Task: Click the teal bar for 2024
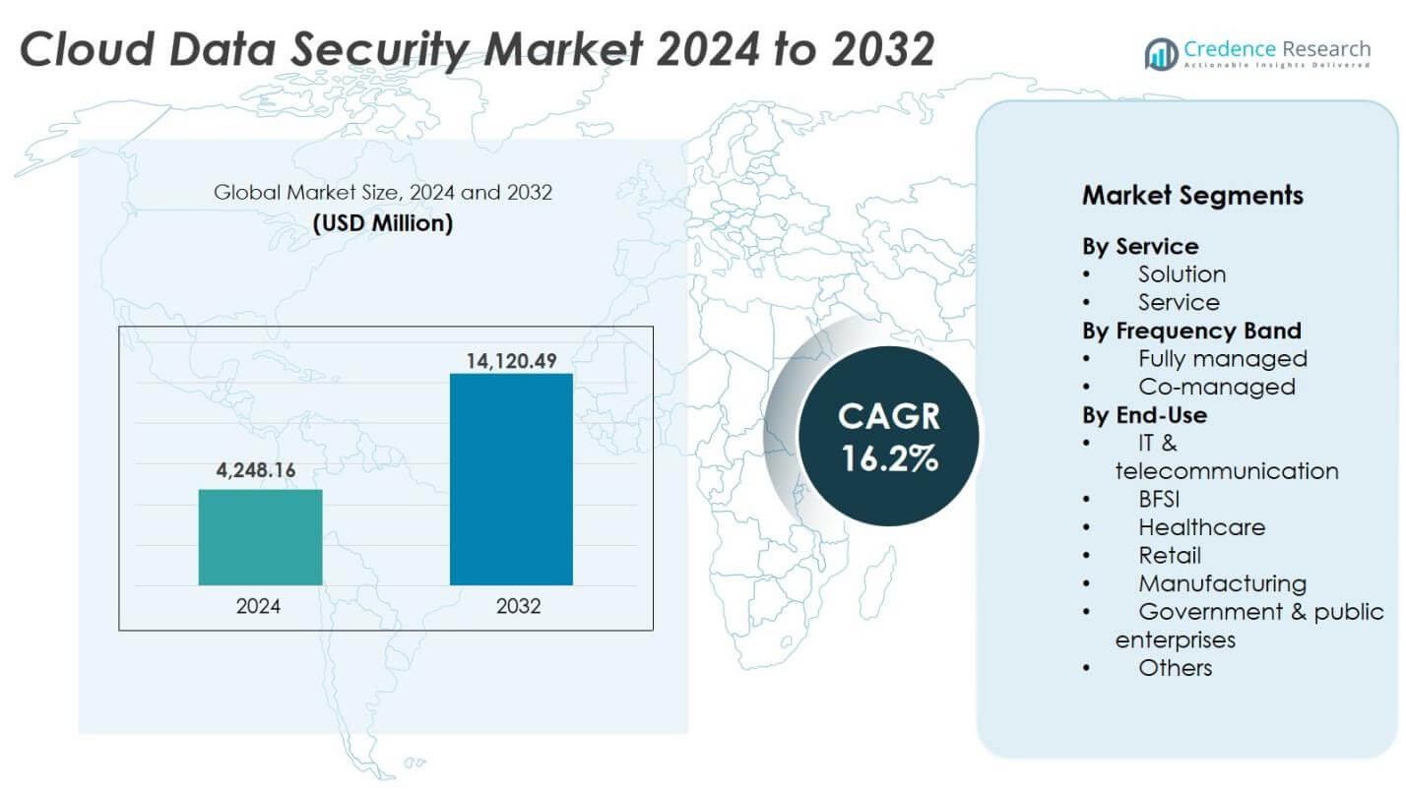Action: tap(260, 537)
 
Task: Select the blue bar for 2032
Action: tap(511, 479)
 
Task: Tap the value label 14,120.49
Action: tap(511, 361)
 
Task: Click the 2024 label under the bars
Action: tap(258, 606)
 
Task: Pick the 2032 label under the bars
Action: tap(518, 606)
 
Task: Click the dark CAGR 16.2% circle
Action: tap(888, 436)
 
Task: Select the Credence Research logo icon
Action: tap(1161, 53)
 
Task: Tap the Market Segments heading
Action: tap(1192, 195)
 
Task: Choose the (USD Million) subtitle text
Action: tap(383, 223)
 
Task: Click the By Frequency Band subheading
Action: tap(1191, 331)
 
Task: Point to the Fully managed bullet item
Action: tap(1222, 358)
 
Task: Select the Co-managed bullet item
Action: tap(1216, 387)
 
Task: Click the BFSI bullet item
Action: tap(1159, 499)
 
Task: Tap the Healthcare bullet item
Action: tap(1201, 527)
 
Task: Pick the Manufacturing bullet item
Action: tap(1222, 583)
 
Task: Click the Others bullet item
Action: tap(1175, 668)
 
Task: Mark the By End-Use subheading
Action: tap(1144, 415)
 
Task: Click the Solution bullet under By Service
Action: tap(1182, 274)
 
